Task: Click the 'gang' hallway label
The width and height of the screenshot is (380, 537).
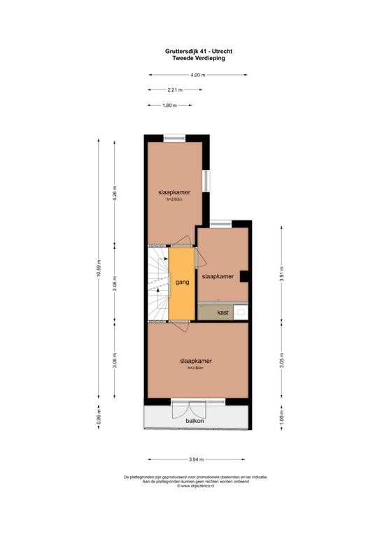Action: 182,282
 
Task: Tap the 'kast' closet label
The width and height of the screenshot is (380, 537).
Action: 223,313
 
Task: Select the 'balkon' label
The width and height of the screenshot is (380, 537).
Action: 195,420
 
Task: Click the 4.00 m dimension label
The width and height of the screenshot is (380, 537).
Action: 198,75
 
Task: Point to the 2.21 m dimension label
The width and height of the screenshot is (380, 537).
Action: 175,89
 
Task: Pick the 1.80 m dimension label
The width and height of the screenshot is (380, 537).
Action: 169,106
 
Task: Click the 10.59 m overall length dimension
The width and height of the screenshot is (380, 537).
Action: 99,268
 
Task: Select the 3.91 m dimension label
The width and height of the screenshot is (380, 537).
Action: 281,274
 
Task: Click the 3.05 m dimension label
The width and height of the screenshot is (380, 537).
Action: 281,360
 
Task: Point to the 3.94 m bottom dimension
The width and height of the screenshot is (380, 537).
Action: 197,459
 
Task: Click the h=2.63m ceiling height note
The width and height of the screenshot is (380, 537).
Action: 174,199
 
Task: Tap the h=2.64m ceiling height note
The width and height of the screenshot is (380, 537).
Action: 196,368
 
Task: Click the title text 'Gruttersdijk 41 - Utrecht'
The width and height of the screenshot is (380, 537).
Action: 199,51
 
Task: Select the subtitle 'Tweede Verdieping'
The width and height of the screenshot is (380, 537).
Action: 199,58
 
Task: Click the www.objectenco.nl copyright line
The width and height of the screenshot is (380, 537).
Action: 196,486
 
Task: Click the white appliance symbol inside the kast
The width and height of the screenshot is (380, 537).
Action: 241,312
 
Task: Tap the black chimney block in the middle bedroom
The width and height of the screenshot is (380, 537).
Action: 244,276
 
